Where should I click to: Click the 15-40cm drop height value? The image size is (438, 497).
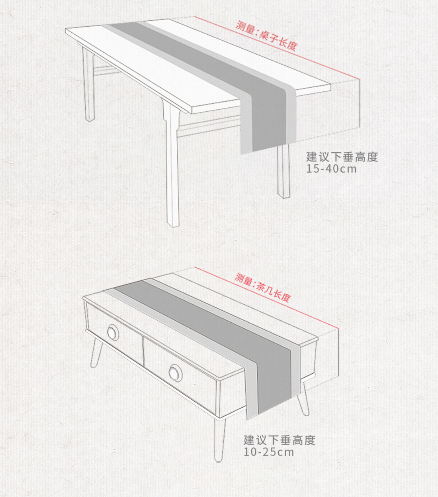point(331,169)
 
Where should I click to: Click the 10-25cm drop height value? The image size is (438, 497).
point(269,452)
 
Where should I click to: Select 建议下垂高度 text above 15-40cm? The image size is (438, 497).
point(342,157)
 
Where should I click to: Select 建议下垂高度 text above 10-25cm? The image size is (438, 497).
point(280,440)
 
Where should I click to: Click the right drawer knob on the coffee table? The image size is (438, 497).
point(175,373)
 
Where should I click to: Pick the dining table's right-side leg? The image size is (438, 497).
point(283,172)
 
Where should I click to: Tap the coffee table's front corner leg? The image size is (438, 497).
point(219,439)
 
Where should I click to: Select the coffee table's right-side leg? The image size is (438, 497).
point(305,399)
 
